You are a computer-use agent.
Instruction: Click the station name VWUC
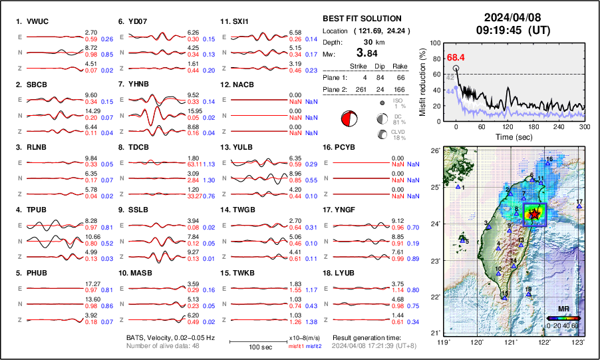coord(37,21)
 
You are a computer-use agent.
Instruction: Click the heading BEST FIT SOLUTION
coord(361,19)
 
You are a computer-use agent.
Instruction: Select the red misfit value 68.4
coord(456,58)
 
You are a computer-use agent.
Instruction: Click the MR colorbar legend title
coord(563,309)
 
